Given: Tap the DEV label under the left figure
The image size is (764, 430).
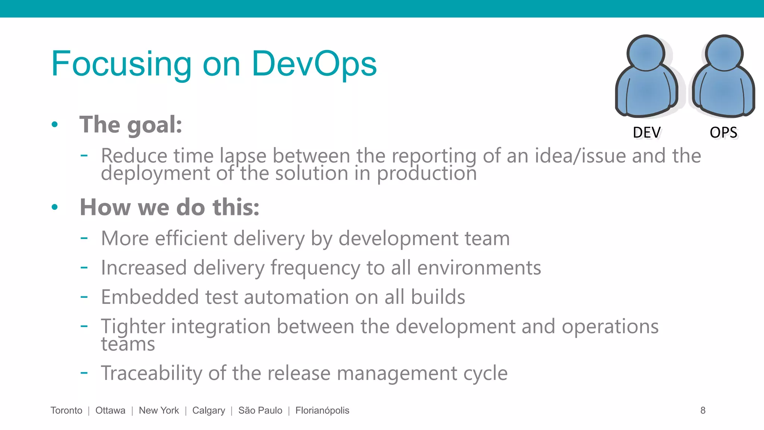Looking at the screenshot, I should tap(646, 133).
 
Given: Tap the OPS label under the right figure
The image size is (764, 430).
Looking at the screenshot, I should tap(723, 133).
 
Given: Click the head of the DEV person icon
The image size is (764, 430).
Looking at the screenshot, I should tap(646, 53).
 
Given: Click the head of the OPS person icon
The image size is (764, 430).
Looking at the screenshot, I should tap(724, 53).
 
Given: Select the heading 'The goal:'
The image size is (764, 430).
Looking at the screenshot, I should tap(131, 125).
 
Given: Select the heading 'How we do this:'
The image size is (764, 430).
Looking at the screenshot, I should tap(170, 207).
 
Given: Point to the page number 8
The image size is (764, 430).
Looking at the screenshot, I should tap(703, 410).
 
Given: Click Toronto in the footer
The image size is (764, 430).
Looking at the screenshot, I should tap(66, 410).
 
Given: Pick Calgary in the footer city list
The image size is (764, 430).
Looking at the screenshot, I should tap(209, 410).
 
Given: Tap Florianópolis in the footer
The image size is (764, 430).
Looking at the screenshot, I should tap(322, 410).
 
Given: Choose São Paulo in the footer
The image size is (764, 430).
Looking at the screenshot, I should tap(260, 410).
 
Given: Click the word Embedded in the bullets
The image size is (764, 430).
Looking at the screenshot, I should tap(150, 297).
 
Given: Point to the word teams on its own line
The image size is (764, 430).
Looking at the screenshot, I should tap(128, 344).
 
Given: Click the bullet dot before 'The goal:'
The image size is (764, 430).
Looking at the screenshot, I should tap(55, 124).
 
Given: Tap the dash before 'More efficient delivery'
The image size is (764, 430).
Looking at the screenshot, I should tap(84, 237).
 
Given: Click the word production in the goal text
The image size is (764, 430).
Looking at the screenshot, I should tap(427, 174).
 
